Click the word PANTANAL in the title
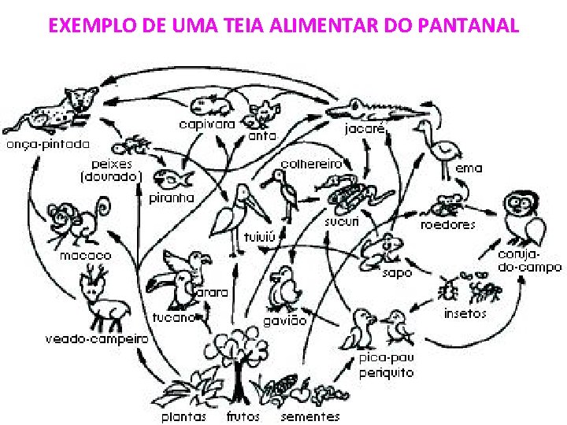(x=471, y=26)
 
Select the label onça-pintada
(x=48, y=145)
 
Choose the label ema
(x=469, y=168)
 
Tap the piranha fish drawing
(x=172, y=178)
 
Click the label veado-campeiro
(x=96, y=338)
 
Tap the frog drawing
(x=382, y=249)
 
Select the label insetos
(x=465, y=313)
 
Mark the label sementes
(x=310, y=416)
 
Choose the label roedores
(x=448, y=225)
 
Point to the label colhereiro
(x=312, y=164)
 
